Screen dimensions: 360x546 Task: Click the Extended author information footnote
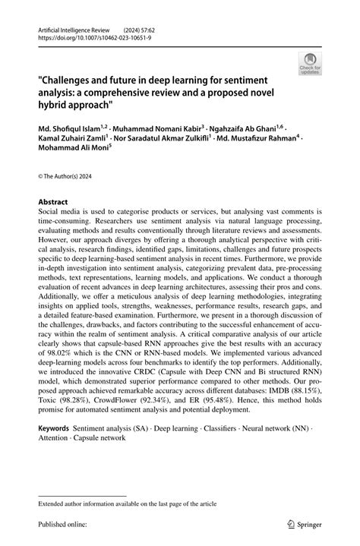pyautogui.click(x=122, y=503)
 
